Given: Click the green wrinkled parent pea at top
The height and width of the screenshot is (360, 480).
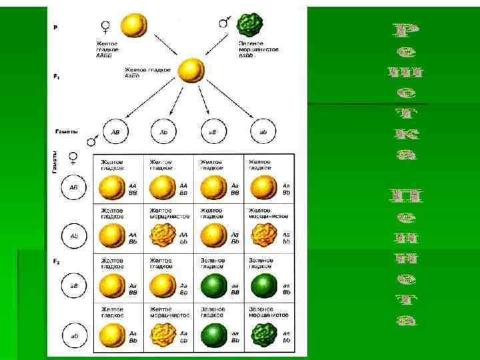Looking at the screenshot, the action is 251,25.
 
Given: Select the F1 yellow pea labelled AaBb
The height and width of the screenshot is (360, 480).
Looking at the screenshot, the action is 192,71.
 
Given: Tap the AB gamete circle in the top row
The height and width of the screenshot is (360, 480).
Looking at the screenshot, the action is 115,132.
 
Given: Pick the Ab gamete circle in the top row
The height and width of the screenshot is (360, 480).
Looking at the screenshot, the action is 164,132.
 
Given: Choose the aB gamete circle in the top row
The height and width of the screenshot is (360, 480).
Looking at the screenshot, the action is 213,132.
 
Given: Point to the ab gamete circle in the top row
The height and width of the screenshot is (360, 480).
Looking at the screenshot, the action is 263,132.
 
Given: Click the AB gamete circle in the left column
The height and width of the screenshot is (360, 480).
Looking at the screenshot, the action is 74,188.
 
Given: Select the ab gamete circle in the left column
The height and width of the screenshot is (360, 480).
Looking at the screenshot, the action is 74,335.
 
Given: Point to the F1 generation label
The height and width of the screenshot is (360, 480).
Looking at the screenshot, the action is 57,77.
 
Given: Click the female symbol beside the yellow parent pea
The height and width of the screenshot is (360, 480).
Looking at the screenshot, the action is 105,27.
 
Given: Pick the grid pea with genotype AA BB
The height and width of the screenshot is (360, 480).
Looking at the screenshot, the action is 111,187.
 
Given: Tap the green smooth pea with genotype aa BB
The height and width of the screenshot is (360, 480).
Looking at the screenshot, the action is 210,285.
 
